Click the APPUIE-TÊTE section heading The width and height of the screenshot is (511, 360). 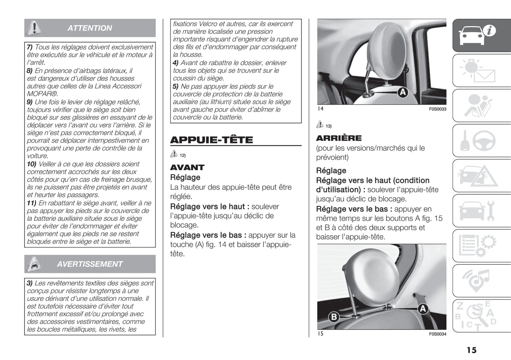click(x=211, y=140)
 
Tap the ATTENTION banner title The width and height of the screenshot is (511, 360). click(x=90, y=28)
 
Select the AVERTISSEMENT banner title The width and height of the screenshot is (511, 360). click(x=90, y=264)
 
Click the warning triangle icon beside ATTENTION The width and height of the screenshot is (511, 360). click(x=34, y=28)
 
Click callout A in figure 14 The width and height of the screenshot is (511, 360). click(x=402, y=93)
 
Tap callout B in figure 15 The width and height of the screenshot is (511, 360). click(x=334, y=317)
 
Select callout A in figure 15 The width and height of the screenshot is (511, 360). click(x=423, y=309)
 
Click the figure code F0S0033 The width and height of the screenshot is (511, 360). click(x=437, y=109)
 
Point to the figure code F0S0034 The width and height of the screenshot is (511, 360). click(x=437, y=334)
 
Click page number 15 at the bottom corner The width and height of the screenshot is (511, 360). click(x=471, y=350)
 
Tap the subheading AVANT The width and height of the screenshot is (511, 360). click(x=187, y=167)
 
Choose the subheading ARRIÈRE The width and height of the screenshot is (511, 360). click(x=339, y=138)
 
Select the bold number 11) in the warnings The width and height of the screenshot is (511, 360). click(x=31, y=203)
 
